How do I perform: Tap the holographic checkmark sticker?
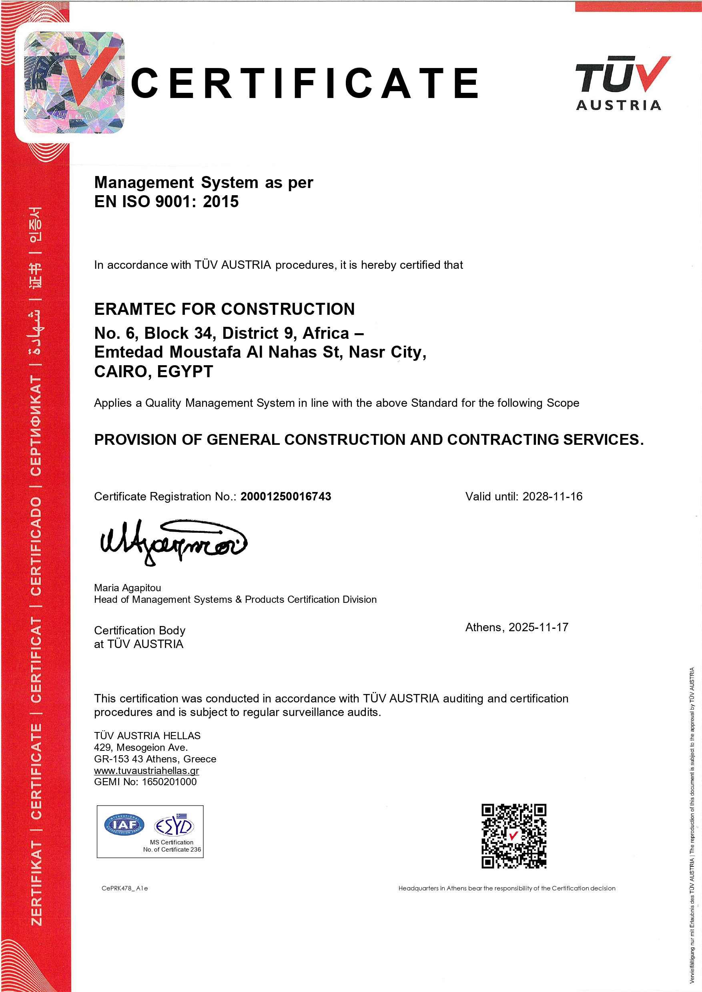(x=74, y=82)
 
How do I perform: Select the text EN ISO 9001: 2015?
(x=166, y=202)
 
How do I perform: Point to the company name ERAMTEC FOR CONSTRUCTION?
(x=225, y=309)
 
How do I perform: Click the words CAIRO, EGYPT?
(x=153, y=372)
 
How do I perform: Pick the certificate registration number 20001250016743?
(x=286, y=496)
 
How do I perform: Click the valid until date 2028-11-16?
(x=552, y=496)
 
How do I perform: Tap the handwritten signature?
(x=173, y=542)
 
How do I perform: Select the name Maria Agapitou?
(x=128, y=588)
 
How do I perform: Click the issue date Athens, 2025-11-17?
(x=517, y=627)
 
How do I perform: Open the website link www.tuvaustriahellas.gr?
(x=146, y=770)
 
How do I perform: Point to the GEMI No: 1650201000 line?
(x=145, y=782)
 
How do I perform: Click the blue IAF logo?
(x=124, y=825)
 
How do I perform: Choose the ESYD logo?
(x=174, y=826)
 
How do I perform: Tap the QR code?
(x=513, y=836)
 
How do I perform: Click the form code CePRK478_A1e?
(x=124, y=888)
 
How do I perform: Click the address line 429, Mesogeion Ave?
(x=141, y=748)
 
